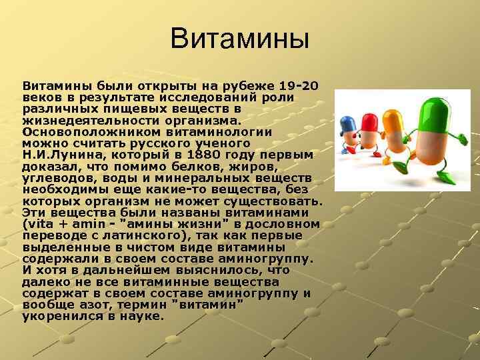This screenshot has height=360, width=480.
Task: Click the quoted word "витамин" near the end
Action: pyautogui.click(x=208, y=305)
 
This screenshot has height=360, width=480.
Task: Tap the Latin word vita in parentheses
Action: pyautogui.click(x=41, y=224)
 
